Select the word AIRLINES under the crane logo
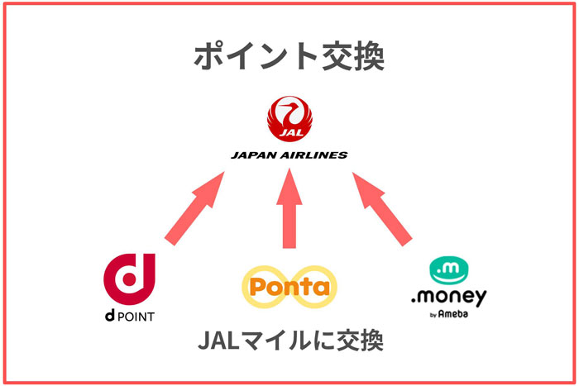point(318,155)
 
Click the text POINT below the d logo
point(135,316)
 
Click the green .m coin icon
point(450,270)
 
